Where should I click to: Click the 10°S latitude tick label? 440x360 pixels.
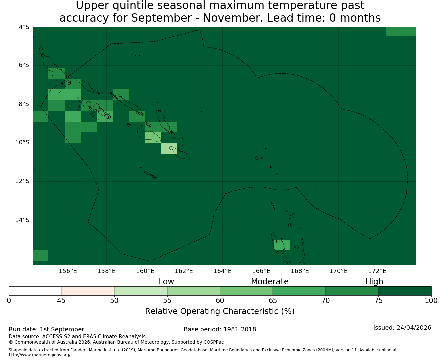coord(22,142)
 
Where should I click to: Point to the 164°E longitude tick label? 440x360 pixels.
coord(222,271)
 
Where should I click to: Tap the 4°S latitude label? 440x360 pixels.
coord(24,27)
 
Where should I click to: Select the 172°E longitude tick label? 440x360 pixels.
coord(377,271)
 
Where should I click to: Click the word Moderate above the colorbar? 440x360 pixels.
coord(270,282)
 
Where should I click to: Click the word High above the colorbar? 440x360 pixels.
coord(374,282)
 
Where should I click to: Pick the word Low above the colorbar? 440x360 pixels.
coord(166,282)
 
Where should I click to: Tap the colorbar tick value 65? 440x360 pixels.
coord(273,301)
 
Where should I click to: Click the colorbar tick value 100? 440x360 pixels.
coord(431,301)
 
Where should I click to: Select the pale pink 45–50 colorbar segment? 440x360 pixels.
coord(88,291)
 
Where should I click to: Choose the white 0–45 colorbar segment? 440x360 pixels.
coord(35,291)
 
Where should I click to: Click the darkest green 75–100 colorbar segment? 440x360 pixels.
coord(405,291)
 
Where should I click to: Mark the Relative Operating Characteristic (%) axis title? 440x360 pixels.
coord(220,311)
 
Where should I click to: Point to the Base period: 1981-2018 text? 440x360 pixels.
coord(220,329)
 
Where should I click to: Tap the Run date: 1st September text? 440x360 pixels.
coord(46,329)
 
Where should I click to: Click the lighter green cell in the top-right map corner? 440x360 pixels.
coord(401,31)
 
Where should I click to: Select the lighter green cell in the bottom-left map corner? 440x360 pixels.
coord(41,255)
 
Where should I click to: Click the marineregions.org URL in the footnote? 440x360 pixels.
coord(40,355)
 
